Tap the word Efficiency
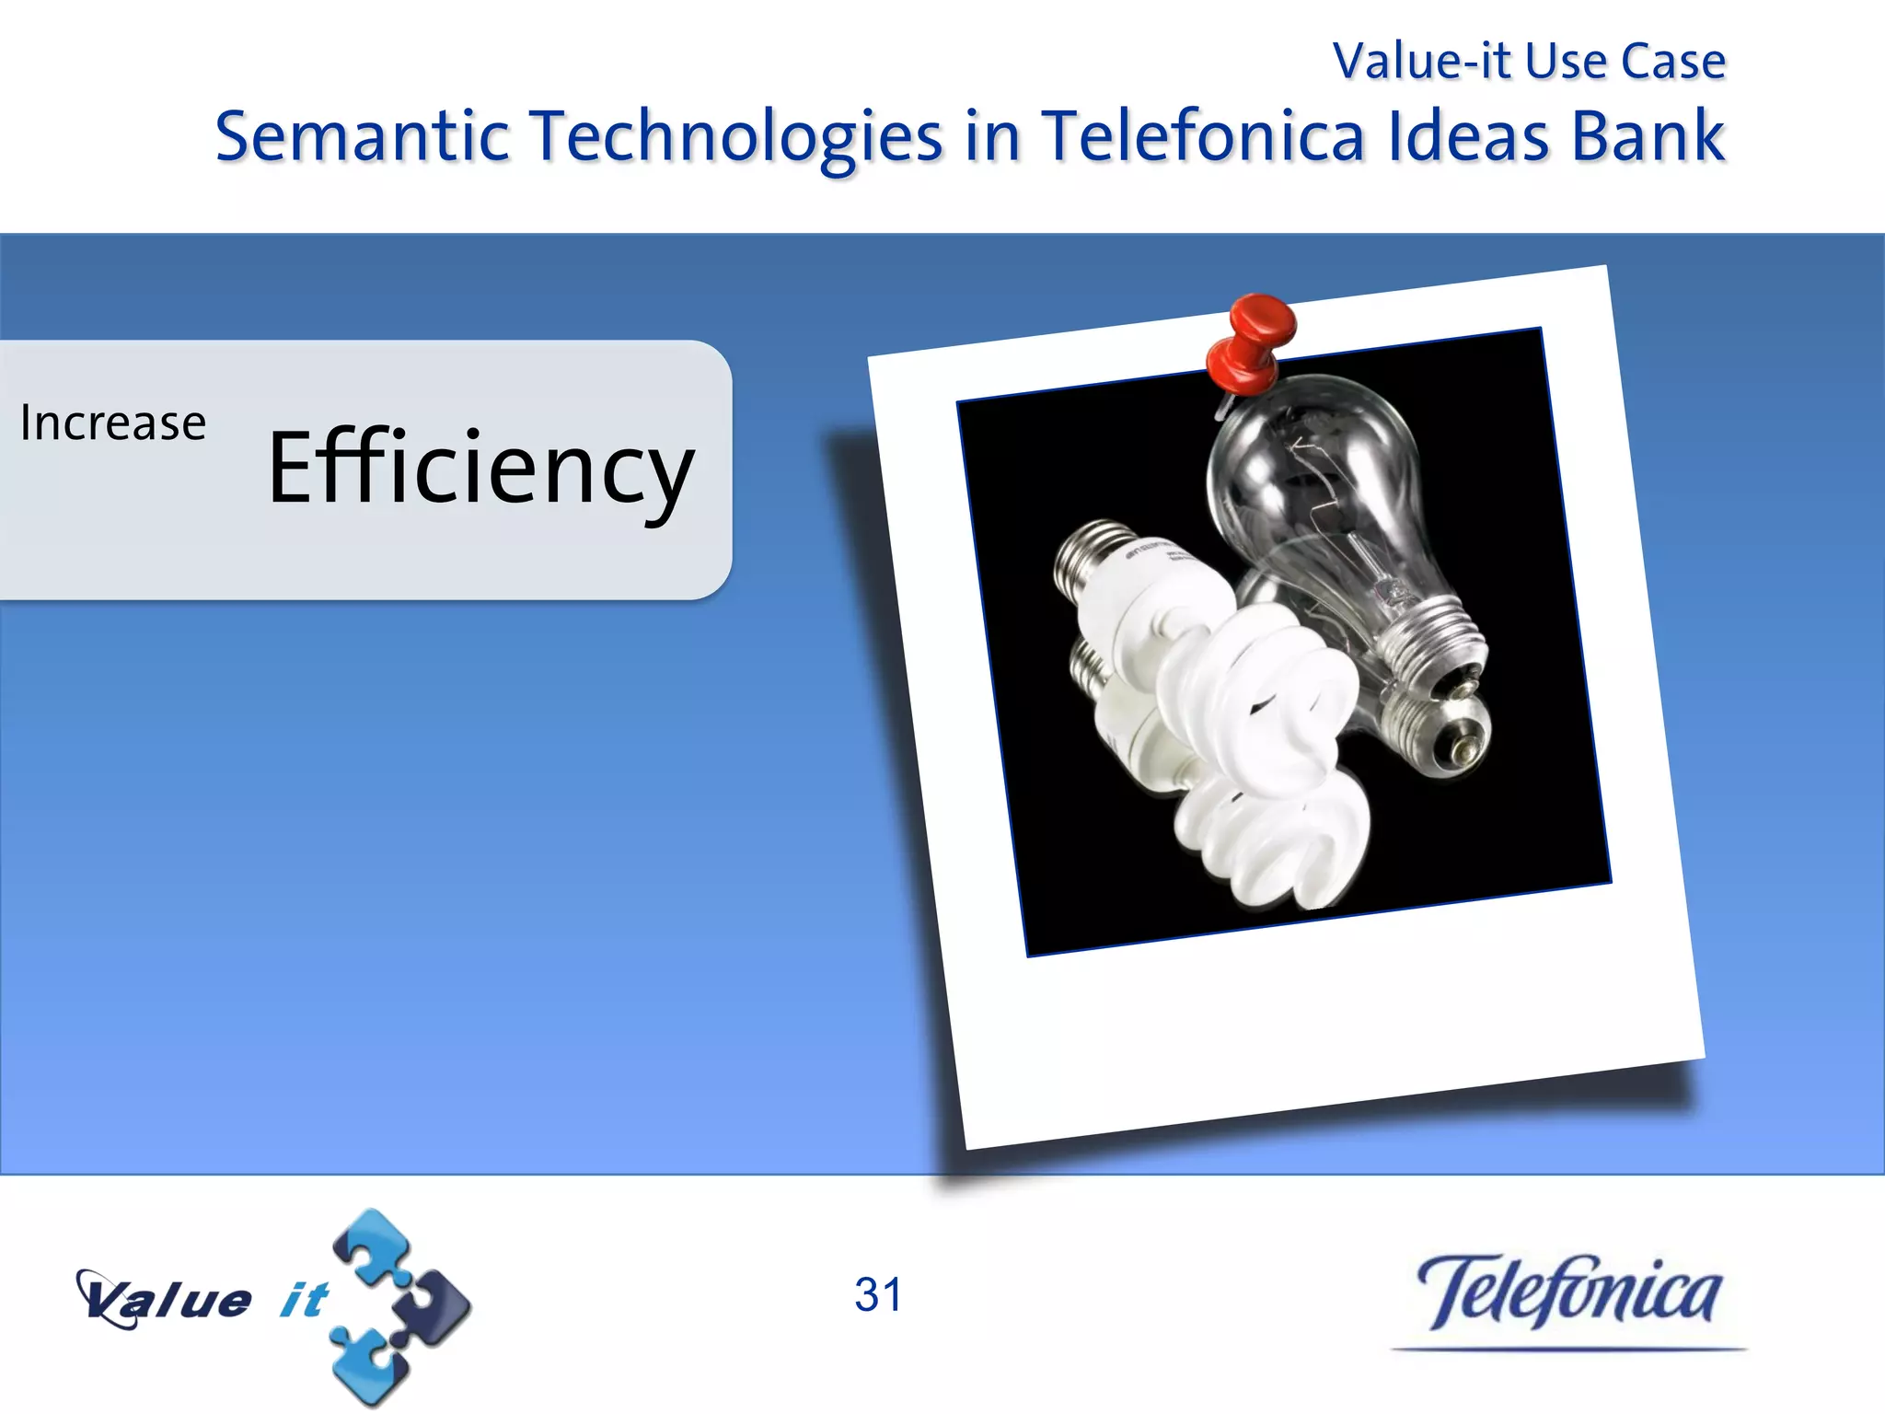tap(480, 469)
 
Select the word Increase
tap(113, 423)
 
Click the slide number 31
tap(878, 1294)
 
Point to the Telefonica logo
tap(1568, 1292)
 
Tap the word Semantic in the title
tap(362, 136)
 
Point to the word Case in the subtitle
tap(1672, 62)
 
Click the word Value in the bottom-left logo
tap(166, 1300)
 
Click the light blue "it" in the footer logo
tap(304, 1300)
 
